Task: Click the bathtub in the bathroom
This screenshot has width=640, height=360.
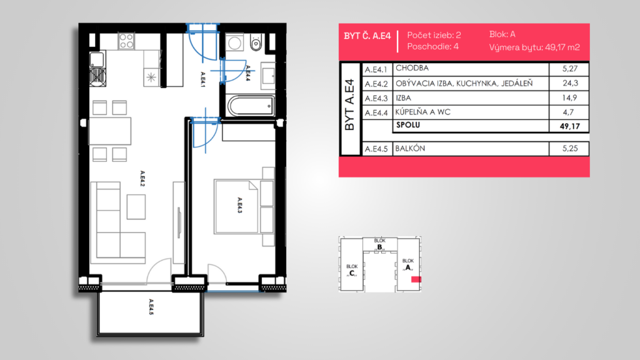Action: tap(251, 106)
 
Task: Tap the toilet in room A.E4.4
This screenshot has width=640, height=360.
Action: tap(256, 42)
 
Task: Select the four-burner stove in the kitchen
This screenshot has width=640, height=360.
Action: tap(126, 41)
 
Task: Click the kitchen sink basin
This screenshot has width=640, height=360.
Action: tap(97, 59)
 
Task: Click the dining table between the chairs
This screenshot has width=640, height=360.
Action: tap(110, 131)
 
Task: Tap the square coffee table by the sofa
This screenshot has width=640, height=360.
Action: tap(136, 207)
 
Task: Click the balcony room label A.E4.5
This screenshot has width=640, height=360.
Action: tap(151, 307)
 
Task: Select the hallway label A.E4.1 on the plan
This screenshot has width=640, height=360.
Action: tap(203, 79)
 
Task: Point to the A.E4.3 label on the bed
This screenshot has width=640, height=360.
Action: tap(240, 205)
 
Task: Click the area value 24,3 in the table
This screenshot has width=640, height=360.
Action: tap(570, 83)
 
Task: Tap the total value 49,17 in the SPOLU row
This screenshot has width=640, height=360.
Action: tap(570, 126)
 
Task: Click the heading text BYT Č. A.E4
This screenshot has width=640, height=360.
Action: tap(367, 36)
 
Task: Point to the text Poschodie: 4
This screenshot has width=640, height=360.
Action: tap(432, 46)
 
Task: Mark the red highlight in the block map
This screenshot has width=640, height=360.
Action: tap(416, 279)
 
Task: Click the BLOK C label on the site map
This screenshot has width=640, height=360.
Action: tap(352, 270)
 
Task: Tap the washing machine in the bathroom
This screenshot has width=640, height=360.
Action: tap(235, 43)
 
